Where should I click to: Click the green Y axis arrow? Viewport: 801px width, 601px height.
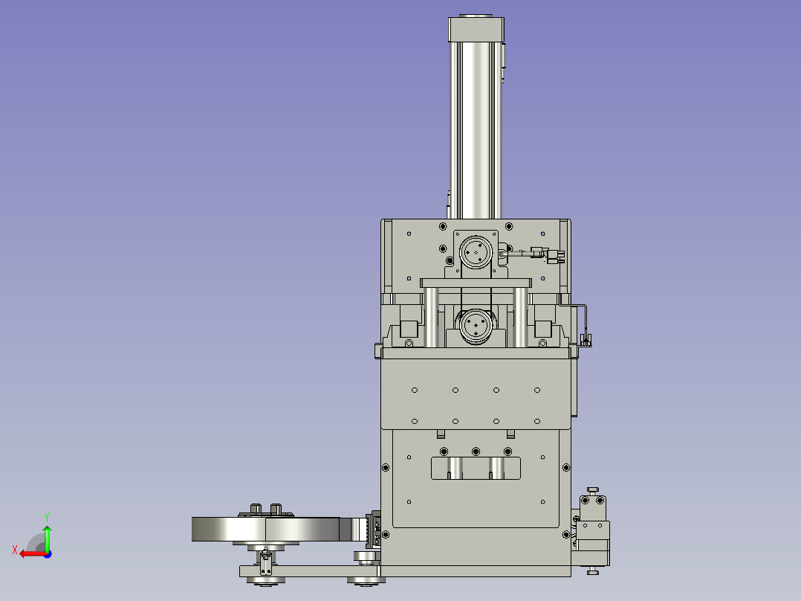47,537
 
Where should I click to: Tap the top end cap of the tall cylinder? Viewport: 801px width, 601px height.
476,29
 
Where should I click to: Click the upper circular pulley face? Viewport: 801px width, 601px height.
476,251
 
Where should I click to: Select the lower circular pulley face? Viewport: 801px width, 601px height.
476,325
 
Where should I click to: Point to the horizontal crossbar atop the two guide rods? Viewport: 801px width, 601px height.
476,283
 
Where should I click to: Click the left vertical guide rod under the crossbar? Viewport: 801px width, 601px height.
431,317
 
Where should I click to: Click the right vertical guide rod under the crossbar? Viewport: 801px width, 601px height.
521,317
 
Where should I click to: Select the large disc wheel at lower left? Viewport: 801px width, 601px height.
266,529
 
